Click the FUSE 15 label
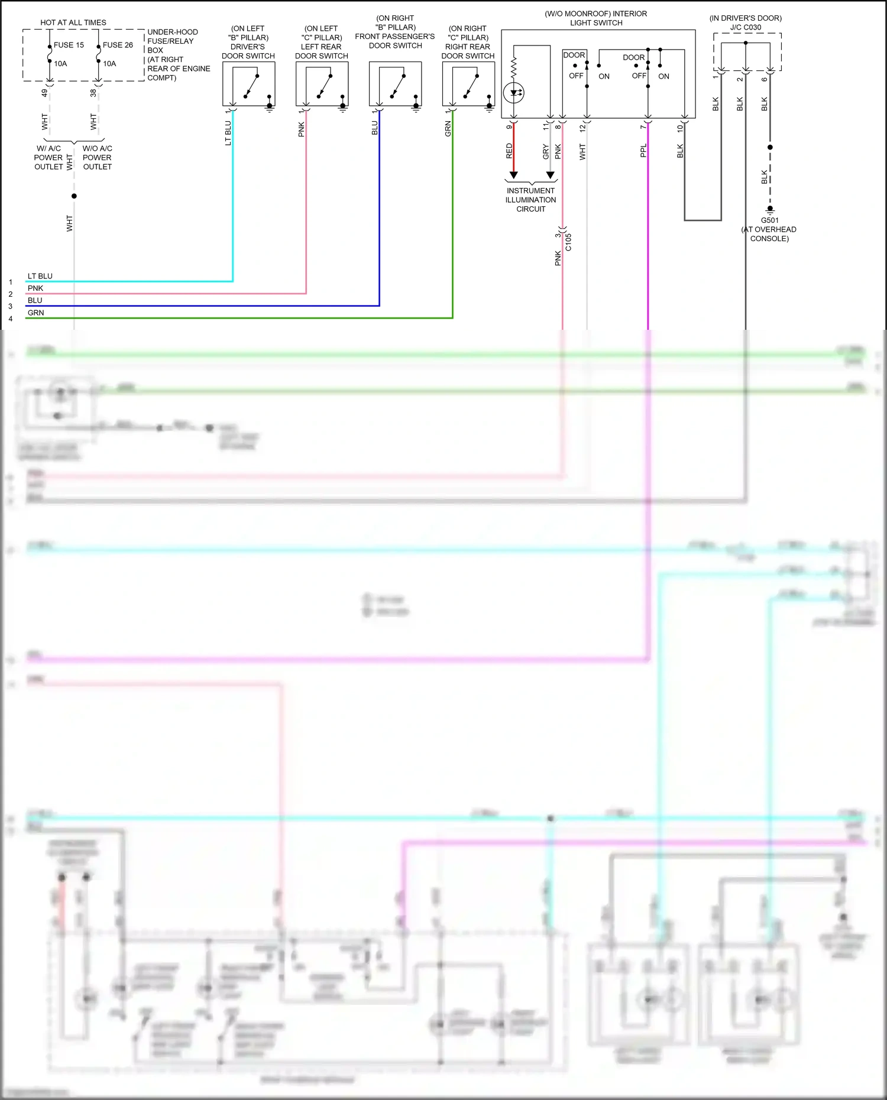[x=69, y=45]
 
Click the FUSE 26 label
[x=118, y=45]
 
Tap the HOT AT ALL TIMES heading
[x=73, y=22]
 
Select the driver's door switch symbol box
[x=248, y=84]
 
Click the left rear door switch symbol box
[x=322, y=84]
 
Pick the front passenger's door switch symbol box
[x=395, y=84]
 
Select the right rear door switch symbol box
[x=468, y=84]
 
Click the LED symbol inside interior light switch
[x=513, y=92]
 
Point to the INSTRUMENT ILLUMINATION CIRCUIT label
[x=530, y=200]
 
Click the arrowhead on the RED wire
[x=513, y=175]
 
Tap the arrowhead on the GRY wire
[x=551, y=175]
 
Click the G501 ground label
[x=769, y=220]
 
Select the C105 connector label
[x=568, y=242]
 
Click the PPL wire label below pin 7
[x=643, y=151]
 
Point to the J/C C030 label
[x=746, y=27]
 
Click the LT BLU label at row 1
[x=40, y=276]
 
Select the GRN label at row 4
[x=35, y=313]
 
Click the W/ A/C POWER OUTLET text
[x=48, y=158]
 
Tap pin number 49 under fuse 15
[x=44, y=93]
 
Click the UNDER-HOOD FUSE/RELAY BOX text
[x=172, y=41]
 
